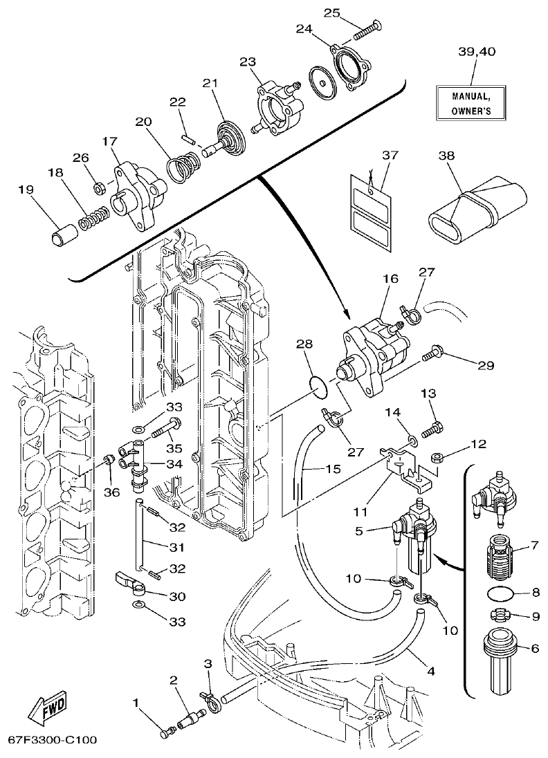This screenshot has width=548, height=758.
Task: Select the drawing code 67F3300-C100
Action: (x=53, y=740)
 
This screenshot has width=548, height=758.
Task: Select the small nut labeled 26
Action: (x=99, y=187)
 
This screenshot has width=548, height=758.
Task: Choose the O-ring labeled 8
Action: (x=500, y=593)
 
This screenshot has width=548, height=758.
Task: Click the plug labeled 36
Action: (x=107, y=461)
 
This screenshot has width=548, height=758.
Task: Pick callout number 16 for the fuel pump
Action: (x=390, y=278)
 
